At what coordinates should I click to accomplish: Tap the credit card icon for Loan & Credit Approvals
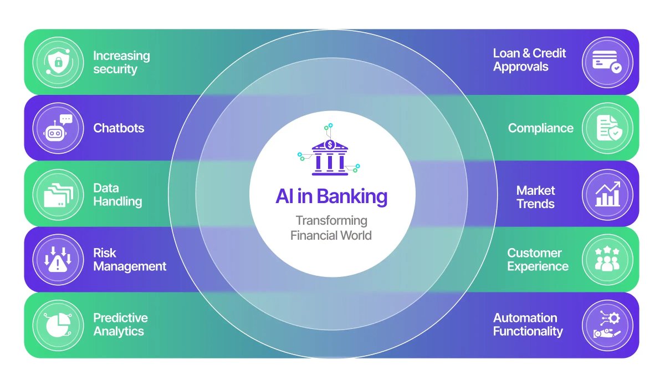[x=607, y=62]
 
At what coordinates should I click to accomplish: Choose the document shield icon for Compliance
[x=607, y=128]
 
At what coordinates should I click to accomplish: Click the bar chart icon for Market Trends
[x=607, y=194]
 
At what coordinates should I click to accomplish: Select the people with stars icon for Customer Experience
[x=607, y=260]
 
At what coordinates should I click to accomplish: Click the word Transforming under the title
[x=331, y=220]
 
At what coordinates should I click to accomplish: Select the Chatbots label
[x=119, y=128]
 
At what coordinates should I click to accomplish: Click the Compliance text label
[x=540, y=128]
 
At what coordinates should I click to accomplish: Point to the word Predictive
[x=120, y=318]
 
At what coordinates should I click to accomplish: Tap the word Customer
[x=534, y=253]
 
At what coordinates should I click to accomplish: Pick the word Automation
[x=525, y=318]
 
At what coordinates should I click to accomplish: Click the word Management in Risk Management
[x=130, y=266]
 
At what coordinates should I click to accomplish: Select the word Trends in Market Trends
[x=535, y=204]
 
